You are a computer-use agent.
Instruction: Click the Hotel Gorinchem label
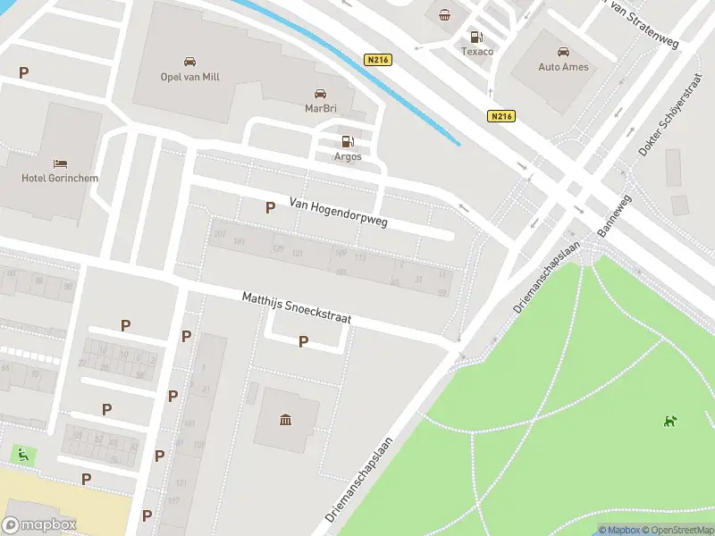pos(60,178)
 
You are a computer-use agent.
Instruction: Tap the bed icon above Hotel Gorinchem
pos(60,163)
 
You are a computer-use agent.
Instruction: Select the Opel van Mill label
pos(189,77)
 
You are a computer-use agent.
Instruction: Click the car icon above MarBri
pos(320,94)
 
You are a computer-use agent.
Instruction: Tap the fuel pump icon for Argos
pos(348,142)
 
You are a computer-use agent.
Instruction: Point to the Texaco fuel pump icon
pos(476,37)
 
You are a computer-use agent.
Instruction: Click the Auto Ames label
pos(563,67)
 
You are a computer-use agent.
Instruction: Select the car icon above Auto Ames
pos(563,52)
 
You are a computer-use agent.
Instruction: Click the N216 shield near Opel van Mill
pos(378,59)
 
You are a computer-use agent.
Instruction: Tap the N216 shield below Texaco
pos(501,116)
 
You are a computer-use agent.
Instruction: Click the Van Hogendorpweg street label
pos(339,212)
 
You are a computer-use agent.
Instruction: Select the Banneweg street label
pos(614,217)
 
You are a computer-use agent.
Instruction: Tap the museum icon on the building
pos(286,420)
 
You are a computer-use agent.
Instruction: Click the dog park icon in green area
pos(670,420)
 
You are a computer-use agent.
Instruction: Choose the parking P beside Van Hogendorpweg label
pos(270,207)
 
